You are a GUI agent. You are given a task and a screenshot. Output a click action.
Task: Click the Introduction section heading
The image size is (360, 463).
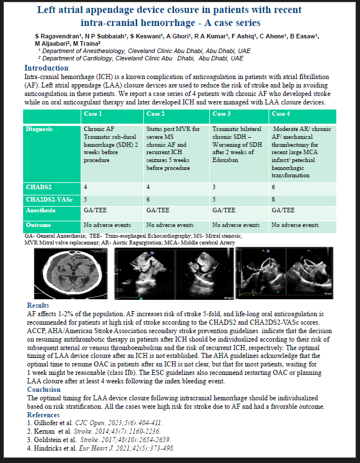tap(46, 68)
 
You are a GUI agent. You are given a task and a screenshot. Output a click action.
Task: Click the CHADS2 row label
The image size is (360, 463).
tap(39, 186)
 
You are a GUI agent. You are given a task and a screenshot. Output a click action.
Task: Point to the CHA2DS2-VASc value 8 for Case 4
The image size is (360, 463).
tap(274, 198)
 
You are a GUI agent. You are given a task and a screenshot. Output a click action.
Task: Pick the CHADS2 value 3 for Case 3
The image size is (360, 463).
tap(214, 186)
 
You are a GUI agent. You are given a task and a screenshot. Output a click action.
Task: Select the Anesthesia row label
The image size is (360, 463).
tap(42, 210)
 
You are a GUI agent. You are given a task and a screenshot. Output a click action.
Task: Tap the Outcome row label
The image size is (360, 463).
tap(39, 224)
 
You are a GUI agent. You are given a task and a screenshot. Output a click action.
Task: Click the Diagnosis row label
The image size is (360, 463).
tap(41, 129)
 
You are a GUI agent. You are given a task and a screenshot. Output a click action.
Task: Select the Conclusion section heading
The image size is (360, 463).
tap(43, 389)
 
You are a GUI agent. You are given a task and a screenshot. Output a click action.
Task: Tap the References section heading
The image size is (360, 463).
tap(44, 414)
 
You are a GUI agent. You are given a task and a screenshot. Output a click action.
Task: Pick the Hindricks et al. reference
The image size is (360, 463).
tap(100, 448)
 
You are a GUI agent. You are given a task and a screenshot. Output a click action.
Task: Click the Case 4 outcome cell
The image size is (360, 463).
tap(295, 225)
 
